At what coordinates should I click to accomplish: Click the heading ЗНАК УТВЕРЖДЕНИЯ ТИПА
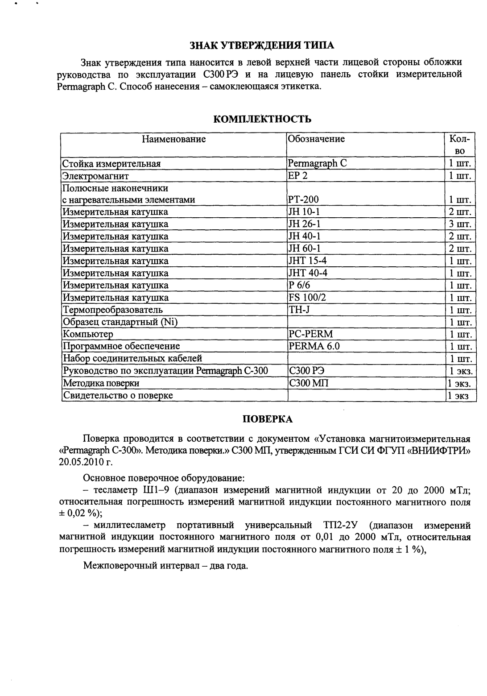[x=262, y=46]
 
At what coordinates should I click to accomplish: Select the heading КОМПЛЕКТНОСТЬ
[x=262, y=119]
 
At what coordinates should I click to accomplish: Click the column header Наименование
[x=173, y=139]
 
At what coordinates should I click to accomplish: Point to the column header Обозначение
[x=317, y=139]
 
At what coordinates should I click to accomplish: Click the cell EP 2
[x=298, y=175]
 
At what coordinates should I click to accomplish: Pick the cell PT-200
[x=304, y=199]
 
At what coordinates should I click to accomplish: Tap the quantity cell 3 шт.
[x=460, y=224]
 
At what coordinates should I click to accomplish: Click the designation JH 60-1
[x=305, y=248]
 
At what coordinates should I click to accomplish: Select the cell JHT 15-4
[x=308, y=261]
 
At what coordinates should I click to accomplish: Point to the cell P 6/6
[x=299, y=285]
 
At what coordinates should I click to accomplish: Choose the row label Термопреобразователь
[x=112, y=310]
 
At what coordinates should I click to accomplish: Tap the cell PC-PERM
[x=311, y=334]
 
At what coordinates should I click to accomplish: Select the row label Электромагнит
[x=95, y=175]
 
